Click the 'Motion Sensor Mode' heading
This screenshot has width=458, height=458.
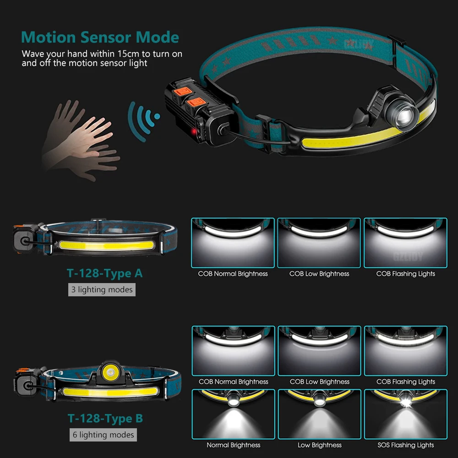[100, 37]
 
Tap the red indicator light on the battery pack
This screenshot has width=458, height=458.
[195, 132]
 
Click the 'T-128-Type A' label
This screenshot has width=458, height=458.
[105, 273]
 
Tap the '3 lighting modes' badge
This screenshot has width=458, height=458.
[102, 289]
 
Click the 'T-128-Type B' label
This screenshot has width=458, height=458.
[105, 418]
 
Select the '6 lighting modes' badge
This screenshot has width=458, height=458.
[103, 435]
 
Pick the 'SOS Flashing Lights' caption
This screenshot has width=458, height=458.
[406, 445]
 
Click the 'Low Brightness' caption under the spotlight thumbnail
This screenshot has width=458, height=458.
[320, 445]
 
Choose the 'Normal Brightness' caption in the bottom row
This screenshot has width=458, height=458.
[233, 445]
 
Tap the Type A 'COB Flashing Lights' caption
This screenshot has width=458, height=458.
[406, 273]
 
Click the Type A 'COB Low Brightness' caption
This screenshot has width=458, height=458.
[319, 273]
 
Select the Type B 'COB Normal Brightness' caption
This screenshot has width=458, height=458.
[233, 382]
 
